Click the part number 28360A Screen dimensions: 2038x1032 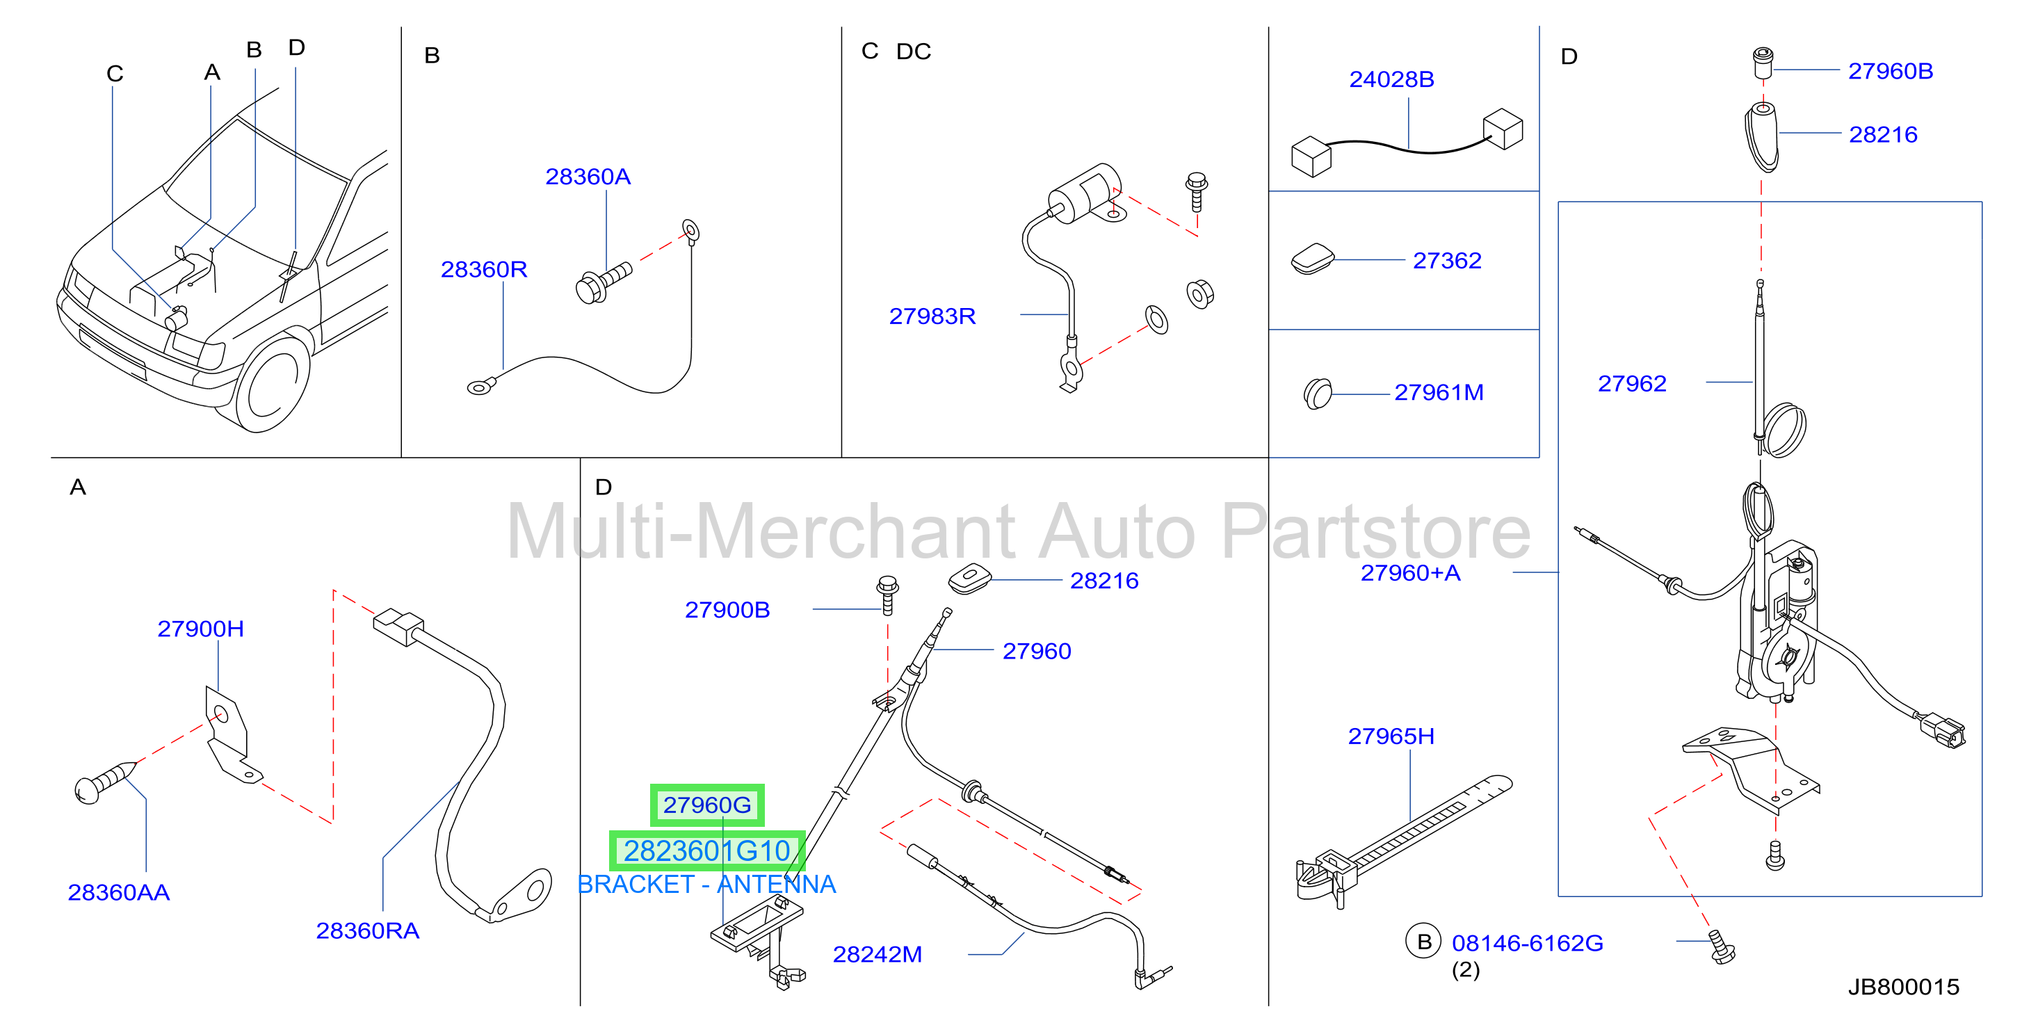point(588,177)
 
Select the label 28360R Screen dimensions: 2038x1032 point(483,270)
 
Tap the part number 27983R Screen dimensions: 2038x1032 point(932,316)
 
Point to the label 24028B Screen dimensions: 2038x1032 point(1391,79)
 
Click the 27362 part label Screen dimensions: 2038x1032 point(1447,260)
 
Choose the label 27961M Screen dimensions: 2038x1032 point(1439,392)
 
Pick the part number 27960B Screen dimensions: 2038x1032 point(1890,71)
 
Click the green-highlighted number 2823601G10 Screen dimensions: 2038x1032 point(707,850)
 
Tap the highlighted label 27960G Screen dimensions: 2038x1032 point(707,805)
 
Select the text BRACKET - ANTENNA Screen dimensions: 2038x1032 point(706,884)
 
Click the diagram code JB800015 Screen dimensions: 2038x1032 point(1904,987)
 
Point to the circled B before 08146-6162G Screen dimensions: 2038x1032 point(1423,942)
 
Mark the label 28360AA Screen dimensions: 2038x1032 point(119,893)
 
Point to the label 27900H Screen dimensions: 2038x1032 point(200,629)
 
